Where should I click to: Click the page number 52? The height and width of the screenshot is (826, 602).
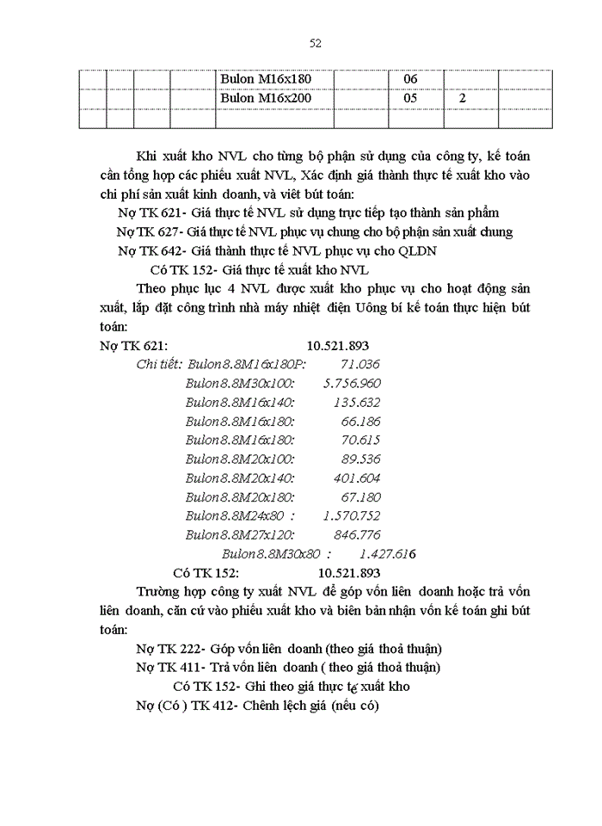coord(315,43)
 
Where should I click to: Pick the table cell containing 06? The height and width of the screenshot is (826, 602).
coord(410,79)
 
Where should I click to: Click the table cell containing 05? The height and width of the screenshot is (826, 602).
coord(410,99)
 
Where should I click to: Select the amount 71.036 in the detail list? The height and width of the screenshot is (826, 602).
coord(360,364)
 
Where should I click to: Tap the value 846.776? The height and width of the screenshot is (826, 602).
coord(355,534)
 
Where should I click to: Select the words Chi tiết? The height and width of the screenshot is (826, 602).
coord(158,364)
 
